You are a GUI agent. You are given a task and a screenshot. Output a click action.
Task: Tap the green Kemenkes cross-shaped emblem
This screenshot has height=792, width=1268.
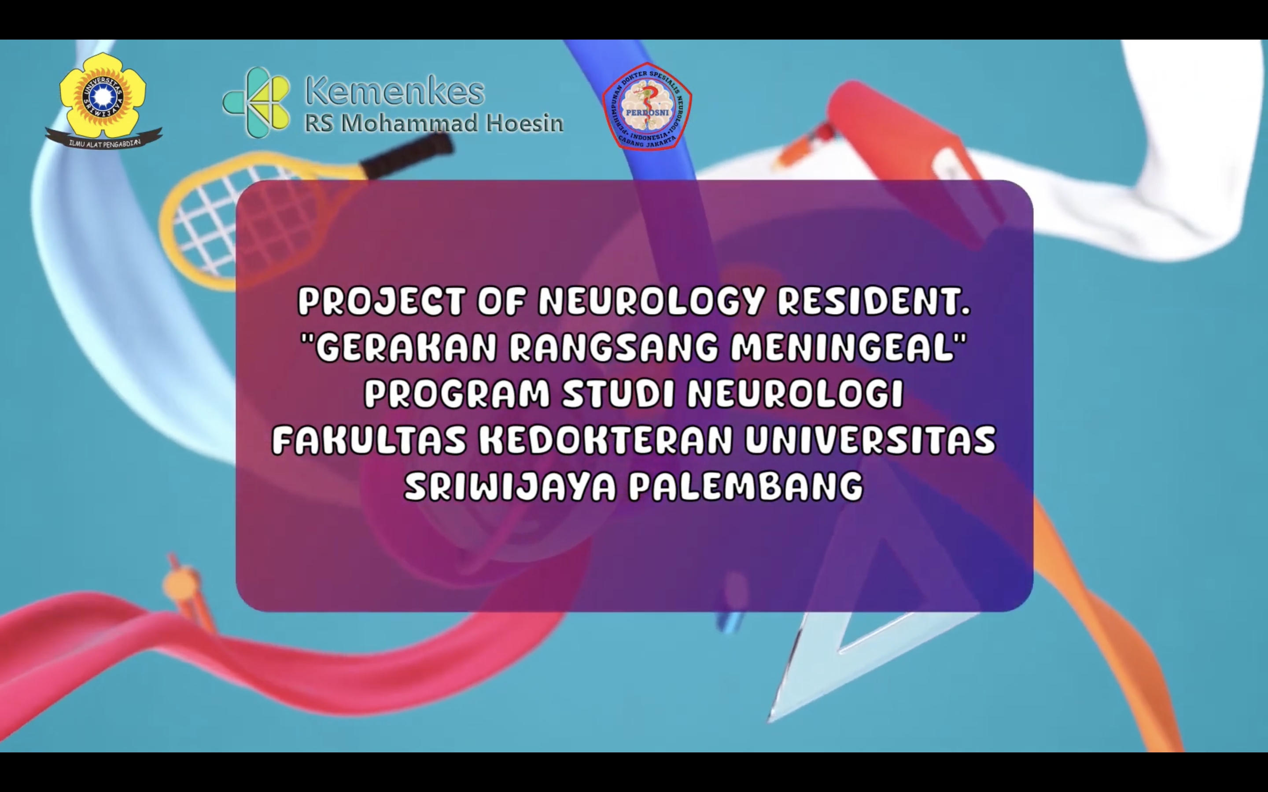tap(256, 102)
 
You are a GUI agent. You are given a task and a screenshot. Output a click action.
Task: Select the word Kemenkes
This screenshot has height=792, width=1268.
tap(395, 91)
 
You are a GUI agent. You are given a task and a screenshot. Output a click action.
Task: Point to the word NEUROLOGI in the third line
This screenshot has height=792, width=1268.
tap(796, 394)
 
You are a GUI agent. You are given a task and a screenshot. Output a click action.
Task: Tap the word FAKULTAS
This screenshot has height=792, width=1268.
tap(369, 440)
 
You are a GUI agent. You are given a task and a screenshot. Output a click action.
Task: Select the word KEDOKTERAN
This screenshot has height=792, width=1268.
tap(606, 440)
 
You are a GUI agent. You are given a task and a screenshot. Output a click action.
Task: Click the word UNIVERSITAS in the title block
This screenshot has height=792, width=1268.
tap(870, 440)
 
